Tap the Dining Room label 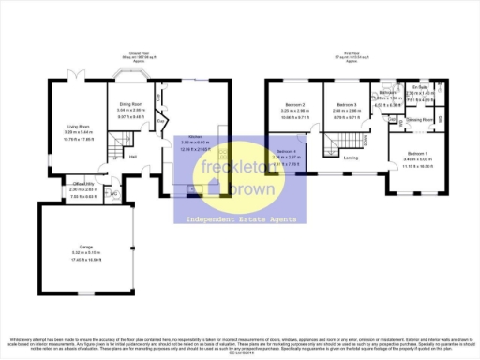tap(130, 103)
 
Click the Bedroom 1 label tap(419, 153)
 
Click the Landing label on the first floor tap(351, 157)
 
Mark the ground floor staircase tap(116, 143)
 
